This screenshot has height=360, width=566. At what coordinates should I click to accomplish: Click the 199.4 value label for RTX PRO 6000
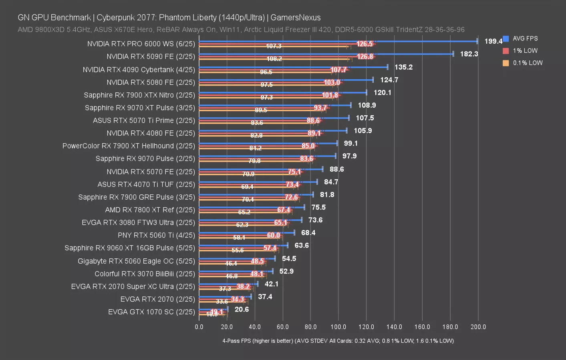coord(493,41)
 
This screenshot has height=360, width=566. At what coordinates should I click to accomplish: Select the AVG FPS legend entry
coord(525,38)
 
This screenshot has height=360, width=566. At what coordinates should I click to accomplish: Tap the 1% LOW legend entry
coord(525,51)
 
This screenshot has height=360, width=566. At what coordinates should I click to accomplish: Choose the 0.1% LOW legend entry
coord(528,63)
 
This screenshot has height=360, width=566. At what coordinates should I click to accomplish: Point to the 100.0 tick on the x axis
coord(338,327)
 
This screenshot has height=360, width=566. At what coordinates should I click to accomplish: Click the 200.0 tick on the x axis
coord(478,327)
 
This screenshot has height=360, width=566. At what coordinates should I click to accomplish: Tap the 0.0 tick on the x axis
coord(199,327)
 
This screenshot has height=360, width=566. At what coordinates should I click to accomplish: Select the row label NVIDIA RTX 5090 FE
coord(151,57)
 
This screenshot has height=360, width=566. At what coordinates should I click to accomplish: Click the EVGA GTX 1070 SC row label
coord(151,312)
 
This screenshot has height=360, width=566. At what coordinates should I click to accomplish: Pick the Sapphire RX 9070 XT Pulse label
coord(140,108)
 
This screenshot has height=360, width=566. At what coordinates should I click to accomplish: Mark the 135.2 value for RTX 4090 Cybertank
coord(403,67)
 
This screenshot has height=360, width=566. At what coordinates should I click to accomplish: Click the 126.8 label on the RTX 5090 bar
coord(365,56)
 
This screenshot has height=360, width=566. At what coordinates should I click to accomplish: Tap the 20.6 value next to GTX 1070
coord(242,309)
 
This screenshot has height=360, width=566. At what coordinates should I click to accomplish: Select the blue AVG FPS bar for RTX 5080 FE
coord(286,80)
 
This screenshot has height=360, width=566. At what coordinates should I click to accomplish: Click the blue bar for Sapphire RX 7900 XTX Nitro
coord(283,92)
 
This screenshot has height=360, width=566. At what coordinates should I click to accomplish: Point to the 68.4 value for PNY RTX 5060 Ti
coord(308,233)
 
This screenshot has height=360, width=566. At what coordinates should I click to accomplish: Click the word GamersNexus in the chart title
coord(295,18)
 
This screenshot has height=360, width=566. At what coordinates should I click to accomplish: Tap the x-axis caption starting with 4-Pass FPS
coord(338,341)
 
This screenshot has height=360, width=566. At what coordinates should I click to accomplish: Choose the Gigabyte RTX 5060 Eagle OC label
coord(136,261)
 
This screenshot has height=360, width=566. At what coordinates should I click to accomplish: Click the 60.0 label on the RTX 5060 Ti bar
coord(274,235)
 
